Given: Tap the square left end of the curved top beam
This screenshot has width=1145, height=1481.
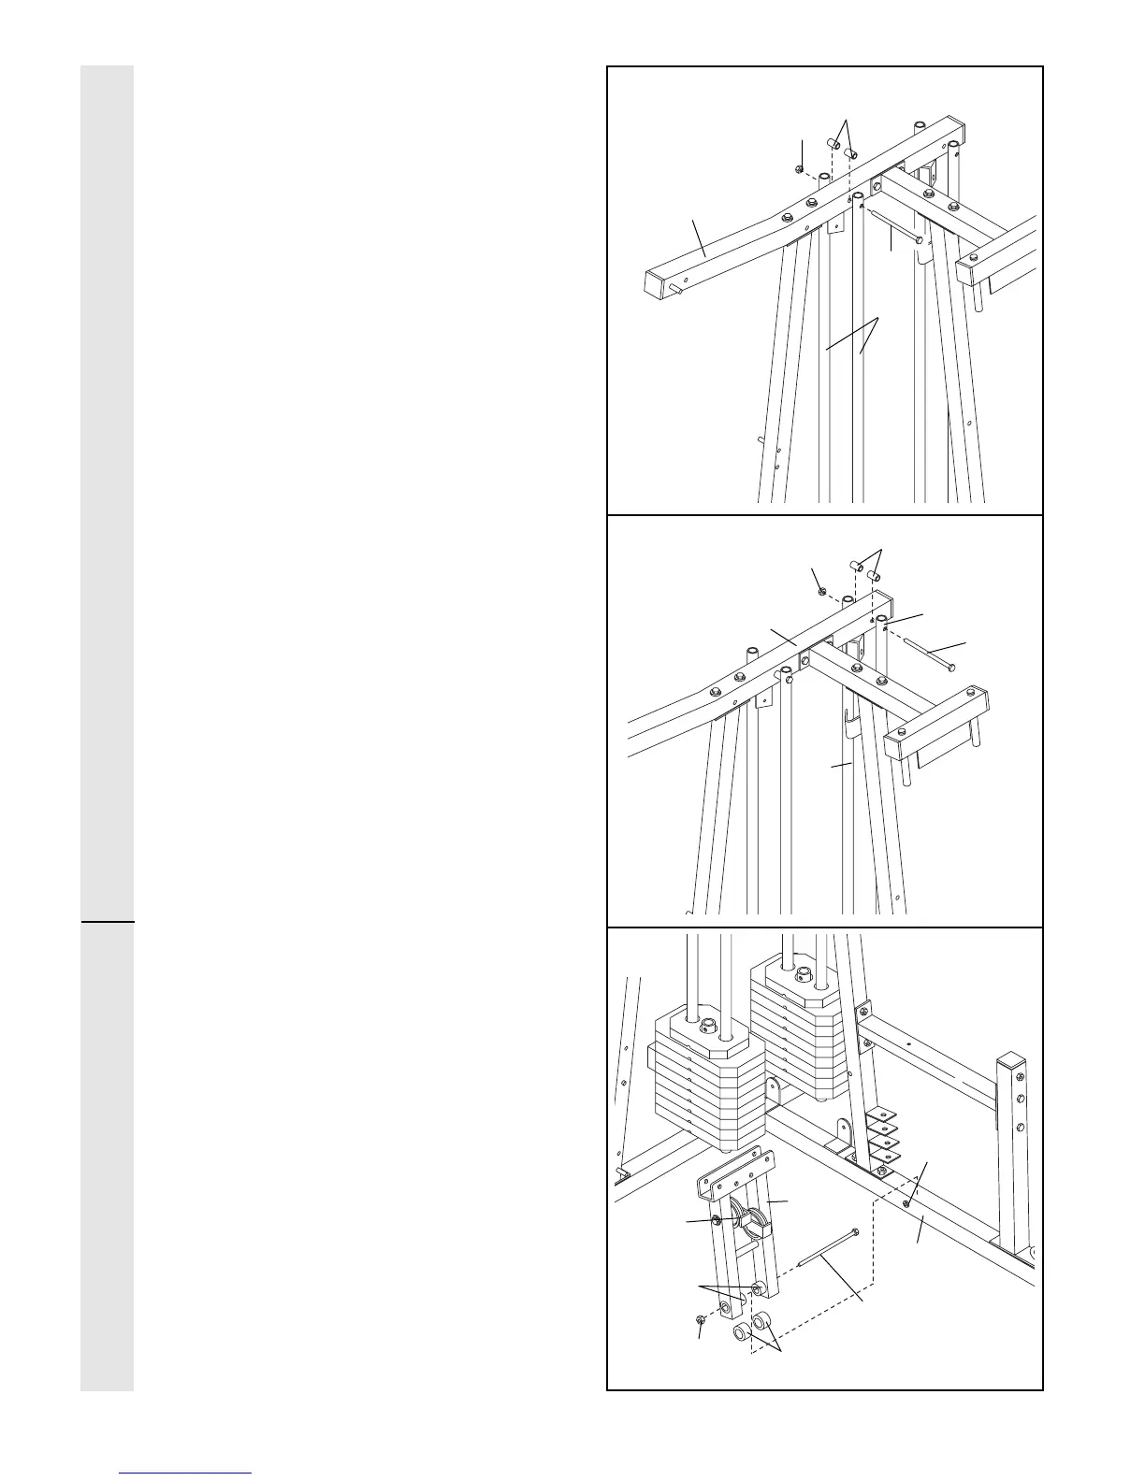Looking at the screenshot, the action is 662,281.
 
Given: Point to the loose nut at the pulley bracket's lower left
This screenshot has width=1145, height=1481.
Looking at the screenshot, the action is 702,1319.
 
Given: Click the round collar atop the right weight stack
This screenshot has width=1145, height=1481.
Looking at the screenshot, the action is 803,975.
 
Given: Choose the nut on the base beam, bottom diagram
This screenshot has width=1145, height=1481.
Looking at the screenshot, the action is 907,1203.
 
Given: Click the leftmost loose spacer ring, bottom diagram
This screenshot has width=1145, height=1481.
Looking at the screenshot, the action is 740,1330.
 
